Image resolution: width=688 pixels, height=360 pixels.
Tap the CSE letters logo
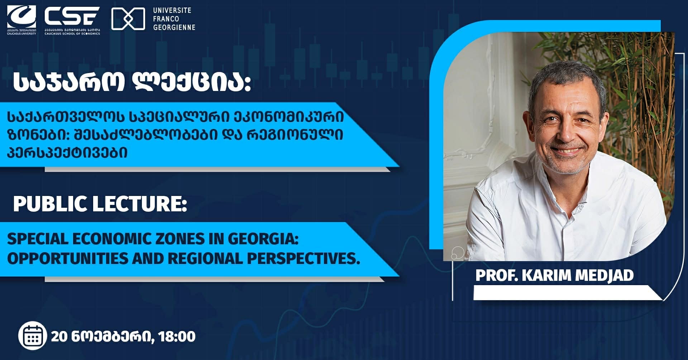[72, 16]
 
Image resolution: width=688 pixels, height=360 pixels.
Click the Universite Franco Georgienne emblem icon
[128, 19]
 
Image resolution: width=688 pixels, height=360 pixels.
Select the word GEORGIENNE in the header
[174, 28]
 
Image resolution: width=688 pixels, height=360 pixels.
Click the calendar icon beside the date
[33, 336]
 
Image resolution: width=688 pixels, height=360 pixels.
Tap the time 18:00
[177, 336]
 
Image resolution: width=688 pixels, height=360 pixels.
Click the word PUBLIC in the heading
[50, 204]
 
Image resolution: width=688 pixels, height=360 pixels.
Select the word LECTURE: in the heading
[140, 204]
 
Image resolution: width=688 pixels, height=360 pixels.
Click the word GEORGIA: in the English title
[263, 239]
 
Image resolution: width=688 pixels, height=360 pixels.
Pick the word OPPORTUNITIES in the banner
[67, 258]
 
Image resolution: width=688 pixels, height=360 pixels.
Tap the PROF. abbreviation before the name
[497, 275]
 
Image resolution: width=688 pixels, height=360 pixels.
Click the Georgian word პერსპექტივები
[67, 153]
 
